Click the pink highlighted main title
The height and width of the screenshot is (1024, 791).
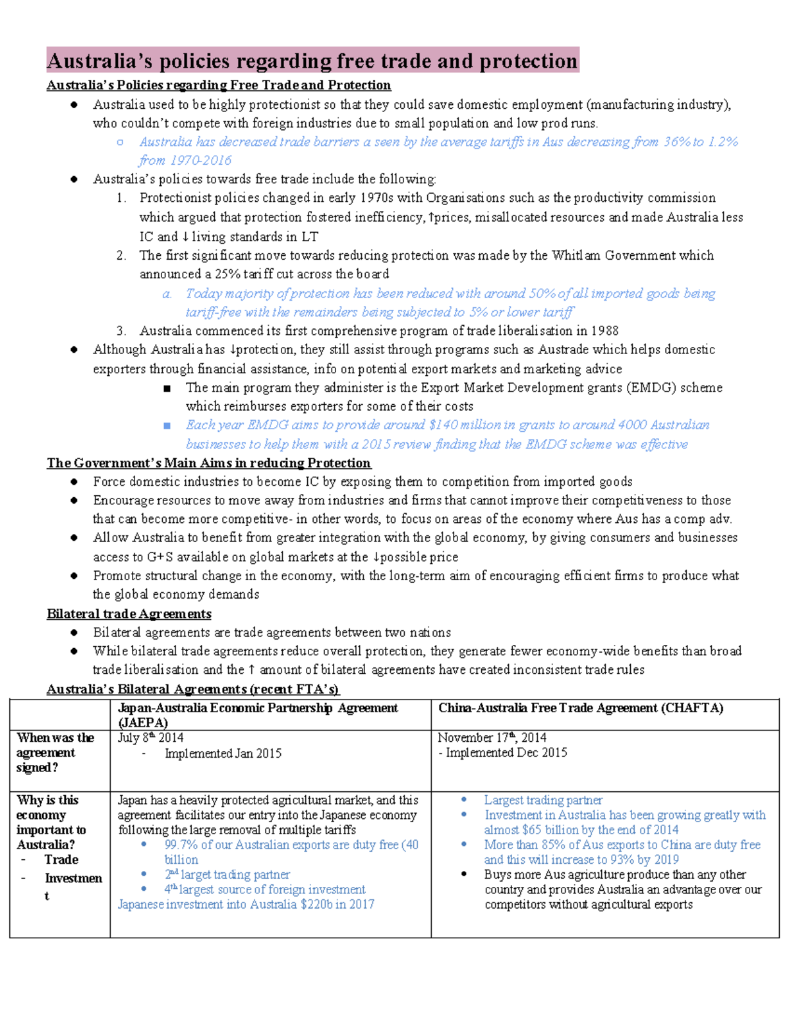[x=312, y=61]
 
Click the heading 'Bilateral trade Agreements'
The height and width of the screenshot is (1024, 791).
[x=129, y=614]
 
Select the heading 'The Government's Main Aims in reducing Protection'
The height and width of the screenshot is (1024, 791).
[x=208, y=463]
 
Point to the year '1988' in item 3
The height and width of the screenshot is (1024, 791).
[x=604, y=331]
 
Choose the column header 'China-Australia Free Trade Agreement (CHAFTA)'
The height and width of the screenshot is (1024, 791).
[x=581, y=708]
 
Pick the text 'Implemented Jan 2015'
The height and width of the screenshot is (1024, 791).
[x=223, y=754]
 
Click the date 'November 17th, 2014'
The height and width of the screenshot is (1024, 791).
[x=492, y=738]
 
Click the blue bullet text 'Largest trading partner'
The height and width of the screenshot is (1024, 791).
[x=543, y=800]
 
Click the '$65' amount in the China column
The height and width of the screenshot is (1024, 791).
[x=531, y=830]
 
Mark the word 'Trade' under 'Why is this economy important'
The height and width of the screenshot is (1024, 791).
[x=61, y=860]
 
